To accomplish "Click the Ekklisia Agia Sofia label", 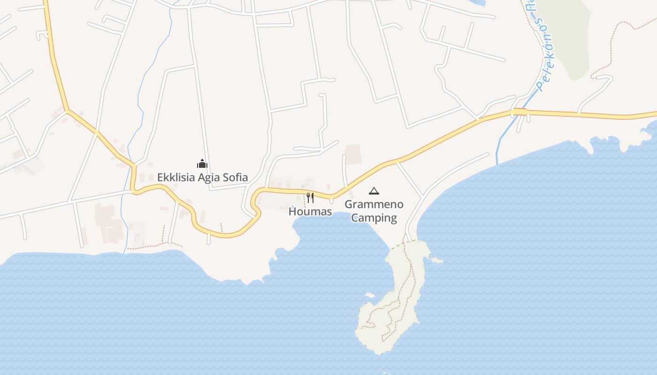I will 202,177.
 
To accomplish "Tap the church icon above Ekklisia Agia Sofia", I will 202,164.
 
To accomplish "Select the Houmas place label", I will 310,211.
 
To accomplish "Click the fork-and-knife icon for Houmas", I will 310,197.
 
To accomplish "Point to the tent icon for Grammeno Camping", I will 374,191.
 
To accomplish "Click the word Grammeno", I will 374,204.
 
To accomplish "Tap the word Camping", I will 374,217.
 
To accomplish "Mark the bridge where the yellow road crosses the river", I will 519,112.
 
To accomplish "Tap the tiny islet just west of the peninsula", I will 370,295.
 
